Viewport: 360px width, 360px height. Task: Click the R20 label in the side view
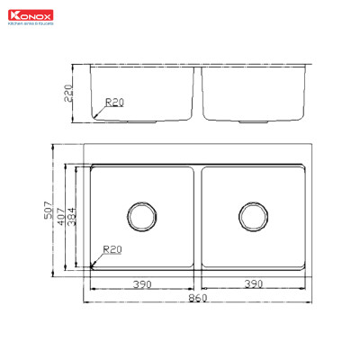114,103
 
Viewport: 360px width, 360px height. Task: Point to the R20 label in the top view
112,249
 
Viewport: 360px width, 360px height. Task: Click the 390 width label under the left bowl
142,283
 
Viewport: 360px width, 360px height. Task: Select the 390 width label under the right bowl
253,283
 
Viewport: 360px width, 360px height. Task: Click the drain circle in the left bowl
142,216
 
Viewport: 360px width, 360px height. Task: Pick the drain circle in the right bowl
253,216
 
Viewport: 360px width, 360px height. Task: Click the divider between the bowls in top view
198,216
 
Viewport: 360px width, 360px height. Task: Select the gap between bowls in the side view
198,94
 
